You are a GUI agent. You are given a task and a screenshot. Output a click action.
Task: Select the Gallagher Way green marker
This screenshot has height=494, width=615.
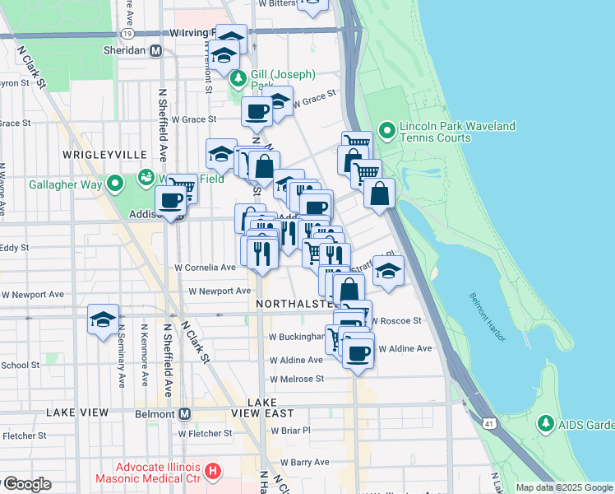click(x=116, y=183)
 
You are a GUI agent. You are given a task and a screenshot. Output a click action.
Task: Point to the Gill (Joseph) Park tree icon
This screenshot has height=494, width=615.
click(x=238, y=80)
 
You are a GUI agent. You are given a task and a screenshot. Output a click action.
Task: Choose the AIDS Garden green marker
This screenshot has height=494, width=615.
click(x=545, y=424)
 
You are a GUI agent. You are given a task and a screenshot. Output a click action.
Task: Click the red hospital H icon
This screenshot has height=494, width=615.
click(x=213, y=472)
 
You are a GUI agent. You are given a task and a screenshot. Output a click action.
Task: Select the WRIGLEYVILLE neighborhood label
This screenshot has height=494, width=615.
click(x=104, y=155)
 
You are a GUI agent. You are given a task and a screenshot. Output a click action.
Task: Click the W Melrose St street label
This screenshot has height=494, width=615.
click(x=297, y=379)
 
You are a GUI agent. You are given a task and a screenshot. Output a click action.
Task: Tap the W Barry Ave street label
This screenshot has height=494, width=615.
click(x=305, y=463)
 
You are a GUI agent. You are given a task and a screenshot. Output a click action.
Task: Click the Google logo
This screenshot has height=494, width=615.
click(x=26, y=484)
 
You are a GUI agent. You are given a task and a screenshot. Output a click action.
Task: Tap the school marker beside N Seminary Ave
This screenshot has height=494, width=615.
click(x=103, y=321)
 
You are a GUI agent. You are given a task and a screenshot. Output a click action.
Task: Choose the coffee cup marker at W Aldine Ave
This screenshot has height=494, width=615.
click(x=358, y=352)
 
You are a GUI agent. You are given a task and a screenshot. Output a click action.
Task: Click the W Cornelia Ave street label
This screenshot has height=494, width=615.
click(x=206, y=268)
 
